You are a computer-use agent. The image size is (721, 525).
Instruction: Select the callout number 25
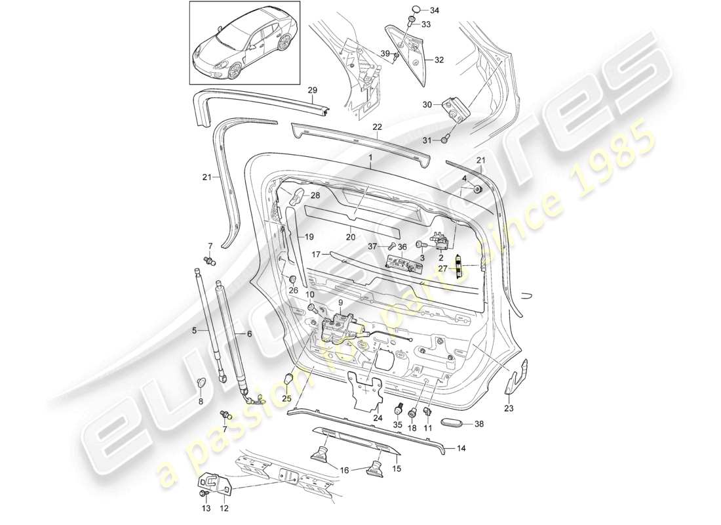point(286,398)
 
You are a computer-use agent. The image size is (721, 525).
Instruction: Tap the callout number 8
point(201,401)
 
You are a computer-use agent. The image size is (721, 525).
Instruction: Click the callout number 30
point(427,105)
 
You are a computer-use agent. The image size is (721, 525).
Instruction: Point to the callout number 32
point(439,60)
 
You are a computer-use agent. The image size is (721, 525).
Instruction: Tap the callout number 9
point(341,303)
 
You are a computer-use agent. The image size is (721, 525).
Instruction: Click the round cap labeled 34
point(414,11)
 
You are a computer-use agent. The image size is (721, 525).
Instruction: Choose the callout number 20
point(351,238)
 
